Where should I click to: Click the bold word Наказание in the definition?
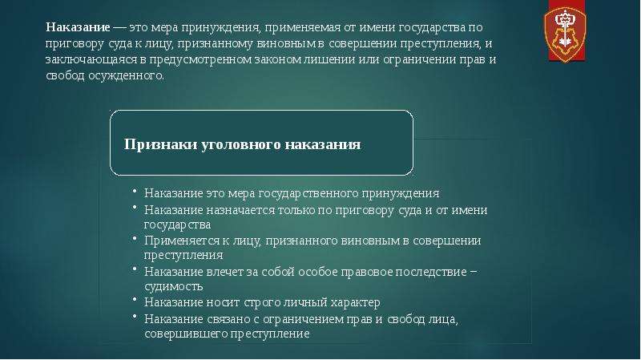[x=78, y=27]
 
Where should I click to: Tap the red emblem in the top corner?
[x=566, y=32]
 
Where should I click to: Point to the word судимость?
[x=173, y=286]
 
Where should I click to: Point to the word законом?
[x=278, y=59]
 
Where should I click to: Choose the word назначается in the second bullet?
[x=240, y=210]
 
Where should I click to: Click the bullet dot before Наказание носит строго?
[x=135, y=300]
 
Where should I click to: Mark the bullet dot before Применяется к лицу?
[x=135, y=237]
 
